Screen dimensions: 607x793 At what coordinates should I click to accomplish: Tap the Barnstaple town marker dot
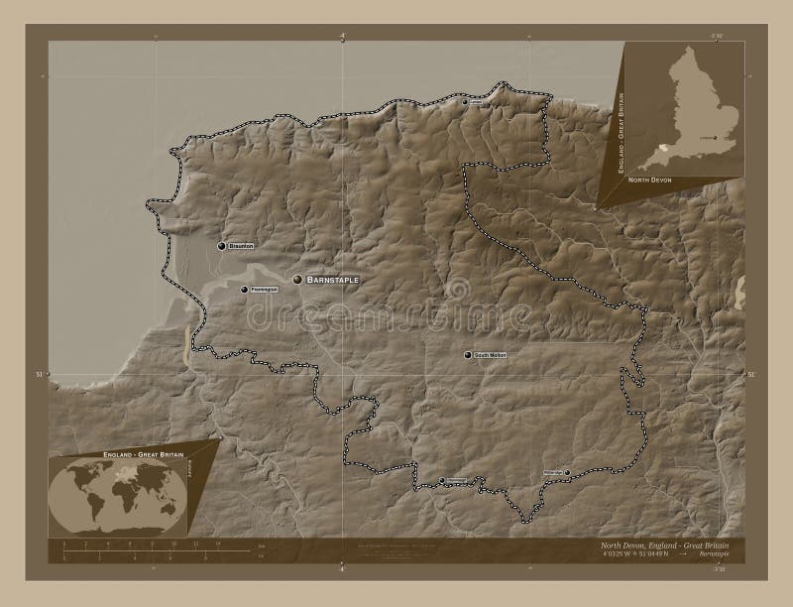(x=297, y=281)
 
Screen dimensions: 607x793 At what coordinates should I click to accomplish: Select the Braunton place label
(x=242, y=245)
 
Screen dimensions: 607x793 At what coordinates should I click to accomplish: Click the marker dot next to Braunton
(x=221, y=245)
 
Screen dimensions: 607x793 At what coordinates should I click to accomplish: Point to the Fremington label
(x=264, y=290)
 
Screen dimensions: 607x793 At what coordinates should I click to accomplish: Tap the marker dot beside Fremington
(x=244, y=290)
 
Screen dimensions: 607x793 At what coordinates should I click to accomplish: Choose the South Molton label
(x=490, y=354)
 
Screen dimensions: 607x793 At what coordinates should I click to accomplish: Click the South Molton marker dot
(x=467, y=354)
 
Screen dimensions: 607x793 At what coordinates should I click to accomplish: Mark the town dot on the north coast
(x=465, y=102)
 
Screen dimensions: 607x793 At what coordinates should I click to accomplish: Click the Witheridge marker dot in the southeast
(x=568, y=472)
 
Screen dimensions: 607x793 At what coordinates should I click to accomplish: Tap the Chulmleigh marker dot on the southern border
(x=442, y=481)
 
